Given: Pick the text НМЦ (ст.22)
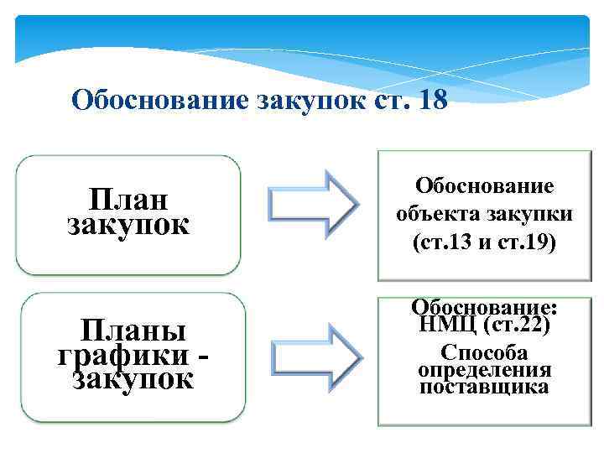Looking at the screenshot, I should coord(483,325).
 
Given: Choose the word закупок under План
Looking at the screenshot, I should coord(128,225).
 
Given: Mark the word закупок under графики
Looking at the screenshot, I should coord(133,380).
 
